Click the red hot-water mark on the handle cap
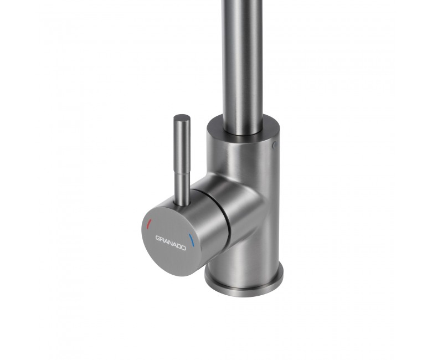click(148, 224)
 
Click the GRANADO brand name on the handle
click(171, 243)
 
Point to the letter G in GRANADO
click(158, 238)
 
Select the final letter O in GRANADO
click(183, 248)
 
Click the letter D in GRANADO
click(179, 246)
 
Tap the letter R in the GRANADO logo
click(162, 239)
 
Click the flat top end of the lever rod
click(182, 117)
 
